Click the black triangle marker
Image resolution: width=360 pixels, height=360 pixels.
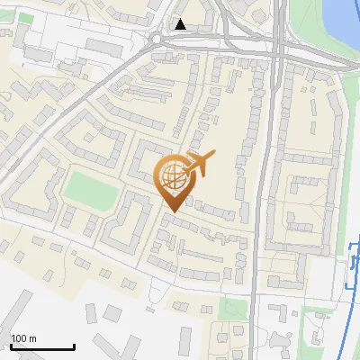point(182,24)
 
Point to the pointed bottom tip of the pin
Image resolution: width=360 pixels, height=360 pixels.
point(172,211)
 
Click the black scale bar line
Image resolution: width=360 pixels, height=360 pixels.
point(41,347)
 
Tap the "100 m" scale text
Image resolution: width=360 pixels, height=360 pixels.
point(23,338)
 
